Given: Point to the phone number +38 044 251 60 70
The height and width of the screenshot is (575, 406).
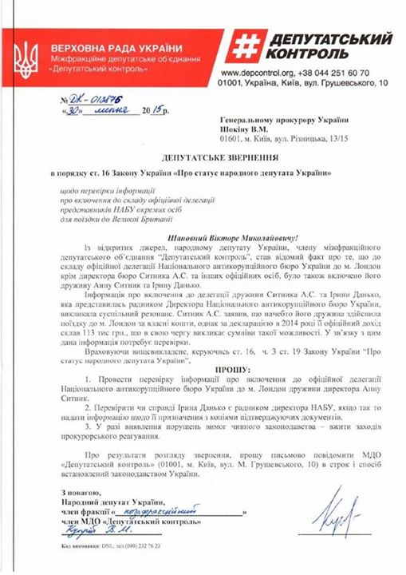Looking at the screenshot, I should click(x=354, y=71).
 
